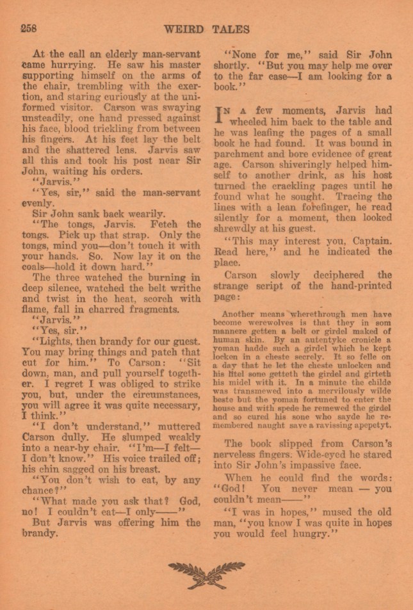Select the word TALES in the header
230,29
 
